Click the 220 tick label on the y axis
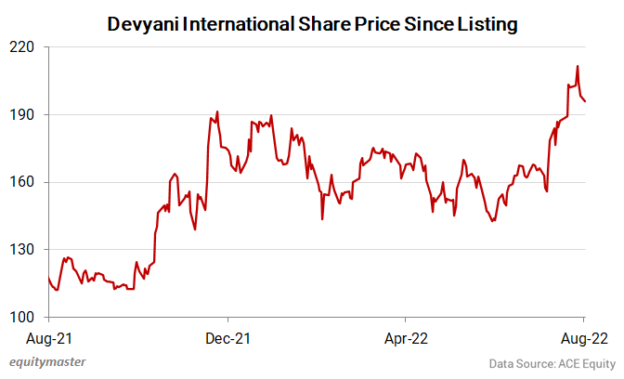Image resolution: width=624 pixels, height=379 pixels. [23, 47]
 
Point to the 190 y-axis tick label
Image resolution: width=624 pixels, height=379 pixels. [23, 115]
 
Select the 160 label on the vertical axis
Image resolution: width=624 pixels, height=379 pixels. [23, 183]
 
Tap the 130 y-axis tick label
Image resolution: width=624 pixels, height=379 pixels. [23, 251]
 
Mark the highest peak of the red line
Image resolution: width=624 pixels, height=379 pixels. [578, 66]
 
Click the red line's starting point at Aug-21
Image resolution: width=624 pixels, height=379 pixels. [47, 277]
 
